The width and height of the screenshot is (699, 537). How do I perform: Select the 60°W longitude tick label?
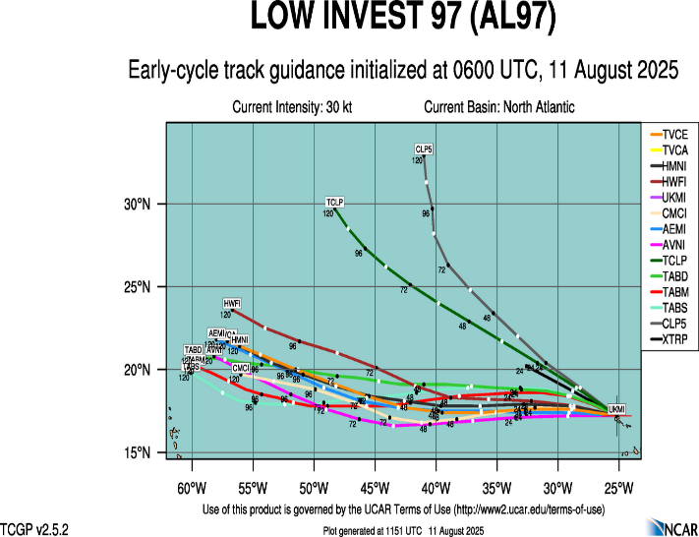click(191, 488)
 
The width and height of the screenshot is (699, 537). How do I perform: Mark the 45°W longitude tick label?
click(375, 488)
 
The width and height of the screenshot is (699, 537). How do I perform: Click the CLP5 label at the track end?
click(424, 149)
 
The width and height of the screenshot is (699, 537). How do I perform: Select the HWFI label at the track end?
click(232, 303)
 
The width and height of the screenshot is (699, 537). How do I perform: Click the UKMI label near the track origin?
click(616, 409)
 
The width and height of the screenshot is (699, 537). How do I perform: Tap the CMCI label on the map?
click(241, 368)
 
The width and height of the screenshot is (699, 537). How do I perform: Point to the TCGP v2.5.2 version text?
click(32, 529)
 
